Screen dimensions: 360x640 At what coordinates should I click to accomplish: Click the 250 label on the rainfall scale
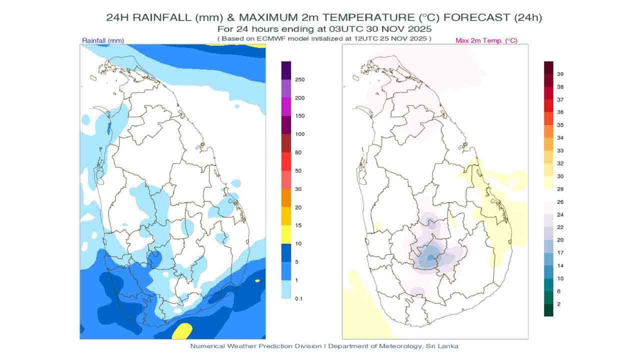tap(299, 79)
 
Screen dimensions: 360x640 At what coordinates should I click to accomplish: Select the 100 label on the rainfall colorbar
tap(299, 134)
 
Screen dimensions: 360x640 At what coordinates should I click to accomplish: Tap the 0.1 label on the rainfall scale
tap(299, 298)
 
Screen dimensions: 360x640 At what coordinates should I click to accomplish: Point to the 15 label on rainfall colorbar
tap(298, 225)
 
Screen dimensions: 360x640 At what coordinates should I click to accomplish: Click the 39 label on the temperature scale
tap(560, 74)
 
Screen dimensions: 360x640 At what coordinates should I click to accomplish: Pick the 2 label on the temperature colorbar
tap(559, 303)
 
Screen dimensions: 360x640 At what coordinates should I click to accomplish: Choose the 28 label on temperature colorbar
tap(560, 189)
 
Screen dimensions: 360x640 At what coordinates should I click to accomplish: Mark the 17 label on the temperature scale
tap(560, 253)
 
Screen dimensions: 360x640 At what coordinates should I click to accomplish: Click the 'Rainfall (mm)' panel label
tap(103, 40)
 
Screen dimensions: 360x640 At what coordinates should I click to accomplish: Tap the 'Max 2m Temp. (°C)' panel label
tap(486, 40)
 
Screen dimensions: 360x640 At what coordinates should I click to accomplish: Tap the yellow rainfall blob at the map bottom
tap(183, 330)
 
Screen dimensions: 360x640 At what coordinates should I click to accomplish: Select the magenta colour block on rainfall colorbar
tap(286, 106)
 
